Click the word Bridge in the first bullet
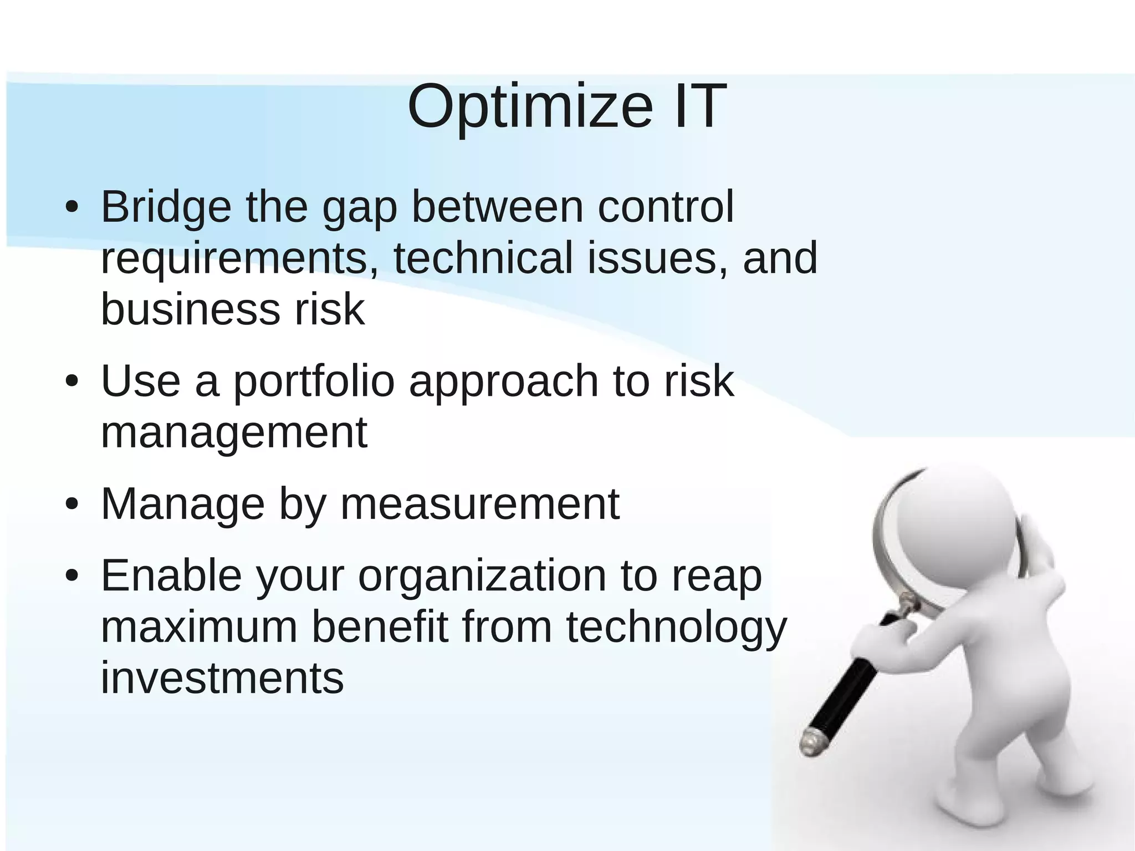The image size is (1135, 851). pos(166,207)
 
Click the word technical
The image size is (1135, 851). pos(483,258)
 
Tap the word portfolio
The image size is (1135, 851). pos(313,383)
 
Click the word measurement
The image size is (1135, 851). pos(479,504)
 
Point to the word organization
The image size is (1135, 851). pos(482,577)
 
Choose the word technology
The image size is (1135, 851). pos(676,628)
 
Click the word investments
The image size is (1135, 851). pos(222,678)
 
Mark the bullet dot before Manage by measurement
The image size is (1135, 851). pos(71,505)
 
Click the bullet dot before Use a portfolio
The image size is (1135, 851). pos(71,382)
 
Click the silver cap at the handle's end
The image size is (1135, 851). pos(810,742)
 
